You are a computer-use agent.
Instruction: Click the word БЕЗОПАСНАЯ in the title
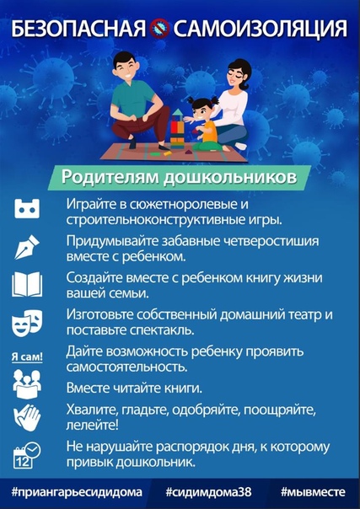click(79, 29)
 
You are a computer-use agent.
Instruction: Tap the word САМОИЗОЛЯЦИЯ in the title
click(260, 29)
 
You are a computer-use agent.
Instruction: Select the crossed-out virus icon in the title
click(159, 29)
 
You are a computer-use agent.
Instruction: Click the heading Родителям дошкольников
click(179, 178)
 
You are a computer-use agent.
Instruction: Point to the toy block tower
click(178, 129)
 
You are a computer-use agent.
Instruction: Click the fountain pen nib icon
click(27, 247)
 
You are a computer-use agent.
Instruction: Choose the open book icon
click(27, 284)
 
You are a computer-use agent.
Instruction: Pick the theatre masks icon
click(27, 323)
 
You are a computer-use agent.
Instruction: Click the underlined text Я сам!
click(27, 356)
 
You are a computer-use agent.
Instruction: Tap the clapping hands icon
click(27, 417)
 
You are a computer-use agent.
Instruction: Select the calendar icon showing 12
click(27, 455)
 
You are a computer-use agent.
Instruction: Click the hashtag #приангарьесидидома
click(77, 492)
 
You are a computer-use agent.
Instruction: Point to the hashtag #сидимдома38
click(208, 492)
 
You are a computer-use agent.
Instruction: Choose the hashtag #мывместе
click(313, 492)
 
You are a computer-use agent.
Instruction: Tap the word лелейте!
click(92, 425)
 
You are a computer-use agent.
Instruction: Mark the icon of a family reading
click(27, 383)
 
